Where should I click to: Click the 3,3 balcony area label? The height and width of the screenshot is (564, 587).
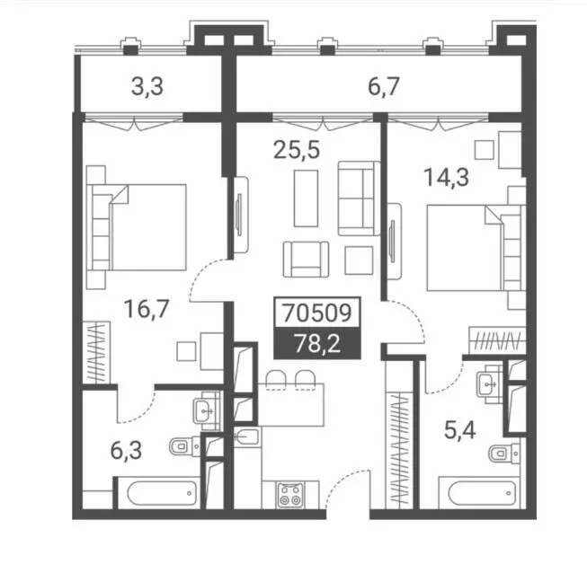pos(147,87)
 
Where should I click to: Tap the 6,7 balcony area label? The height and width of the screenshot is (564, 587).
pos(384,87)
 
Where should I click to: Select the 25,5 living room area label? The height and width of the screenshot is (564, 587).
pos(297,150)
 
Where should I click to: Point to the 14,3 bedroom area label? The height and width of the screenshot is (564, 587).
pos(446,177)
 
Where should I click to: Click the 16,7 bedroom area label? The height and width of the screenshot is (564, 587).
pos(147,309)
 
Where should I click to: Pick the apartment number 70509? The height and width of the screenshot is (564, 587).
pos(317,313)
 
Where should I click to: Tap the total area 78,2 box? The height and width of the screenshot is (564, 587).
pos(317,343)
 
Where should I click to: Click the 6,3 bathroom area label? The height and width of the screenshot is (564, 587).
pos(126,450)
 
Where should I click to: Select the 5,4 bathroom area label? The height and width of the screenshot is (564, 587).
pos(459,430)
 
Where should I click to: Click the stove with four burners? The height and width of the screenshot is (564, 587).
pos(290,495)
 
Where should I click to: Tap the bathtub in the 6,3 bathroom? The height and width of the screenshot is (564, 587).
pos(161,493)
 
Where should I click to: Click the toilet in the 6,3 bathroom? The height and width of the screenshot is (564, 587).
pos(184,446)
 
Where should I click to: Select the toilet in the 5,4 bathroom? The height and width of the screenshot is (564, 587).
pos(504,454)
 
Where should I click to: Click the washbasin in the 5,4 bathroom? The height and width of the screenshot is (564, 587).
pos(489,384)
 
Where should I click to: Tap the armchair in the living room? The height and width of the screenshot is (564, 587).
pos(307,260)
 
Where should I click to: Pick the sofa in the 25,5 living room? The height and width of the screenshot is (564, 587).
pos(359,198)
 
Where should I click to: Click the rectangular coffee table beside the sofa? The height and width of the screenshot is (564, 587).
pos(306,198)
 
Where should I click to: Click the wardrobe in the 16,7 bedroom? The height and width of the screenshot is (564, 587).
pos(96,352)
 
